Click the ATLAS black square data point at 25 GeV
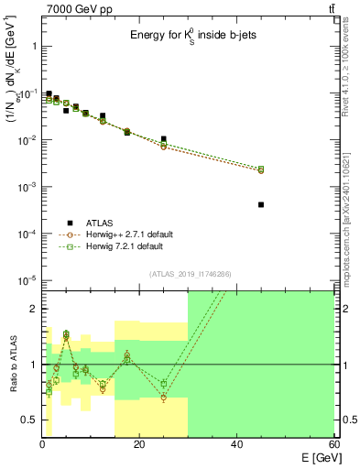tap(163, 139)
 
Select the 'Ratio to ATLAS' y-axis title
tap(13, 365)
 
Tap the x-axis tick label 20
tap(139, 444)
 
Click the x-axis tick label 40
tap(236, 444)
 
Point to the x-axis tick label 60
tap(333, 444)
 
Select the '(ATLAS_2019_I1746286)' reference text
tap(188, 274)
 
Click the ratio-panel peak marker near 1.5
tap(66, 335)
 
